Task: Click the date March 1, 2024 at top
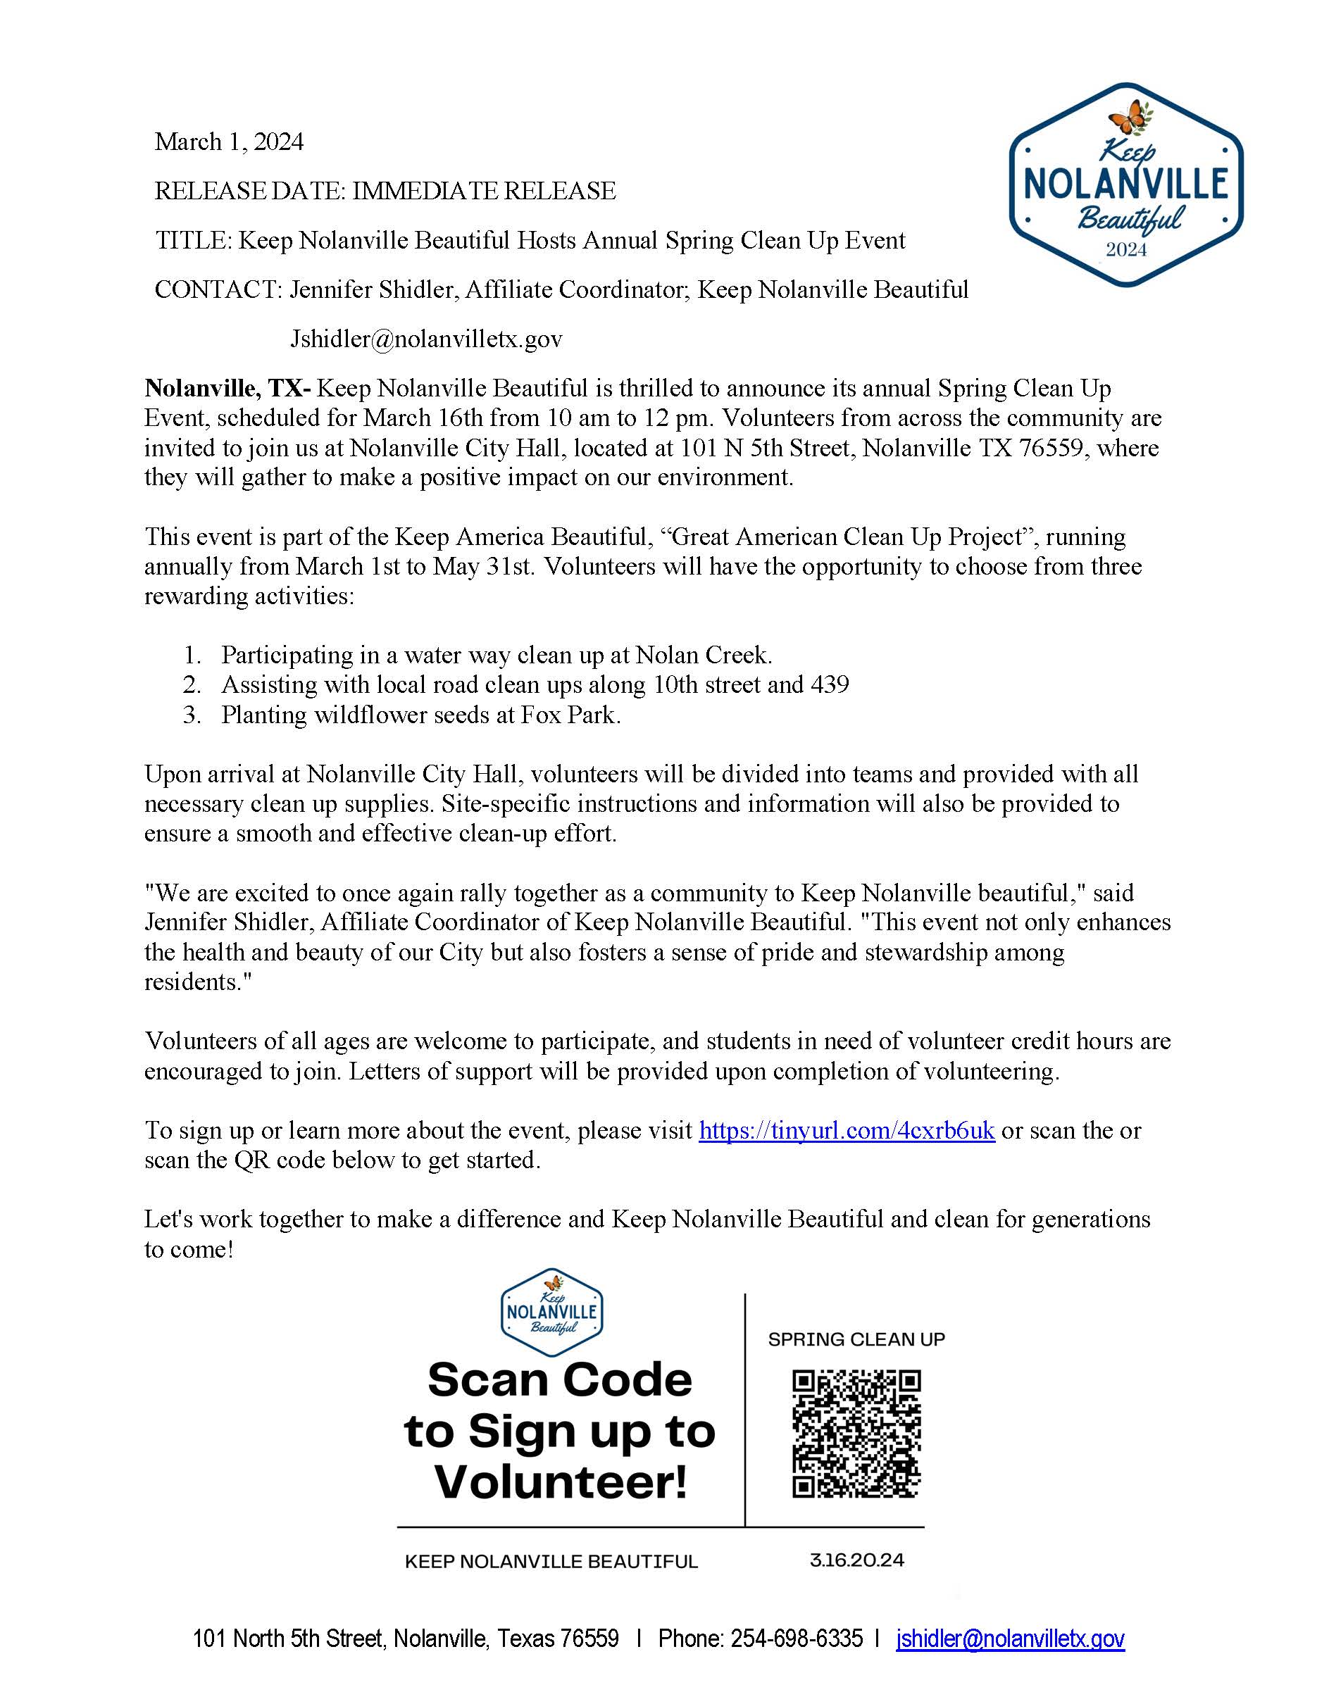229,142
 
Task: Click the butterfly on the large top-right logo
1129,118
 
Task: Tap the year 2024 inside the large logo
1126,250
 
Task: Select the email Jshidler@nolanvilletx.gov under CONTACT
426,339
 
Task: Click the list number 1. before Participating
193,655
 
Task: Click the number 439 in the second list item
830,684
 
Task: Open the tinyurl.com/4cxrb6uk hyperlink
847,1131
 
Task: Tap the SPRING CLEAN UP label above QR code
856,1340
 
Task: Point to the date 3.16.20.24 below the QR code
856,1560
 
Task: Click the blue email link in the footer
1011,1639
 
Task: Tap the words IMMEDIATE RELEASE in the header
484,191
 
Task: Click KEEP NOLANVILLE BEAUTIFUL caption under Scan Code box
551,1561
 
